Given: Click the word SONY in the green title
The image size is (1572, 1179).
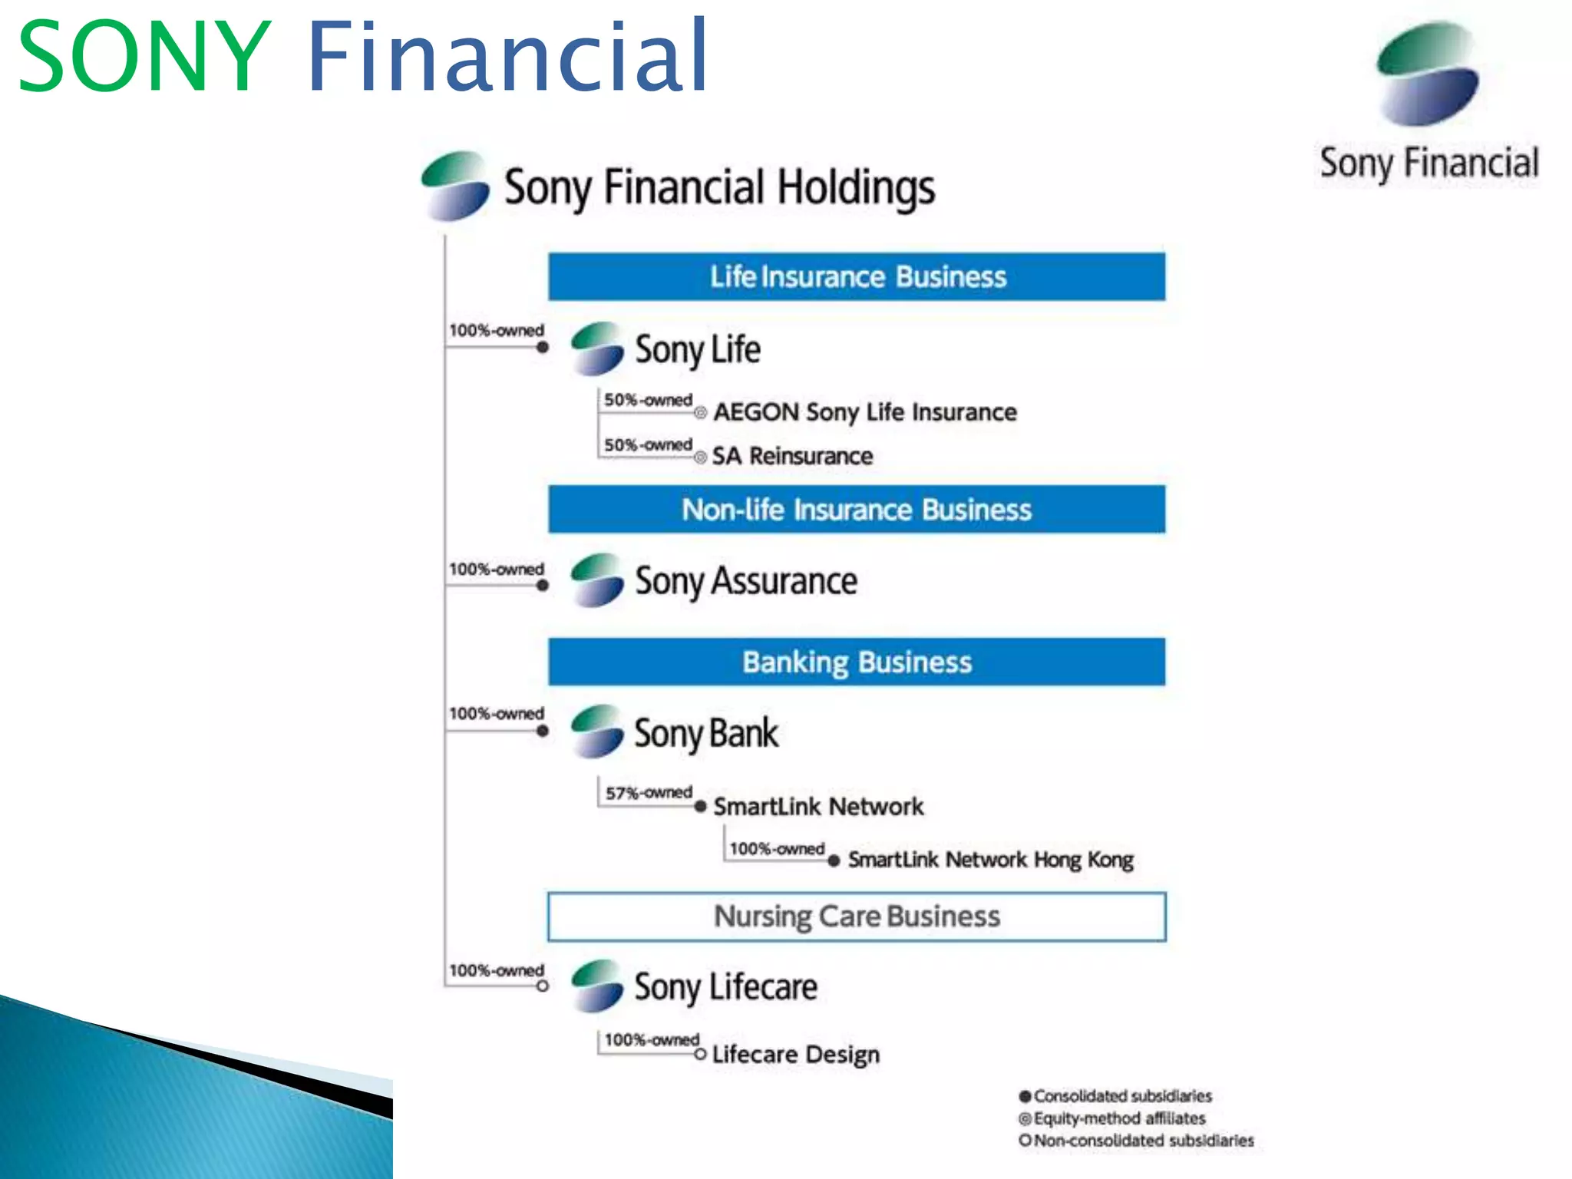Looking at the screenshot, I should [x=144, y=58].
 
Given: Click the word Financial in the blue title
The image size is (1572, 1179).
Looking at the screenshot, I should [x=507, y=57].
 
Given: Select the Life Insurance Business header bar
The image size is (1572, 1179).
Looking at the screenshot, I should [x=857, y=276].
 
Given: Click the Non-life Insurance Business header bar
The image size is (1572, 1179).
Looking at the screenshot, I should [x=857, y=510].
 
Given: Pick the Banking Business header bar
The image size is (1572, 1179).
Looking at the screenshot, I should [x=857, y=662].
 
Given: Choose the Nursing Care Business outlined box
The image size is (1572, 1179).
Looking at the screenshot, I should [x=857, y=916].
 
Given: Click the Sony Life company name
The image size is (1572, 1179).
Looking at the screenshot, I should [x=697, y=350].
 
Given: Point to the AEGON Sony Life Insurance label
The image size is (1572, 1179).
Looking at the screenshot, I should [x=865, y=412].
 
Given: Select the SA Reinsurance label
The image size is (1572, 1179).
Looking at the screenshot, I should [x=792, y=456].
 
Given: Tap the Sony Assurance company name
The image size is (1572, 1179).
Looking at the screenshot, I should [x=745, y=581].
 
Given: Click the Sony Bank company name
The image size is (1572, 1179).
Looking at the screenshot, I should [x=705, y=733].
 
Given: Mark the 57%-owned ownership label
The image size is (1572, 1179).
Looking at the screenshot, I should [x=649, y=792].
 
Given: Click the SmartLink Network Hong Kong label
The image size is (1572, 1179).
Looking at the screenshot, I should [x=990, y=860].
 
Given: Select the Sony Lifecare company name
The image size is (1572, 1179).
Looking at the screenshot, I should [x=725, y=987].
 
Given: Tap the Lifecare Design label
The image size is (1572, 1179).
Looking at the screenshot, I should [x=795, y=1055].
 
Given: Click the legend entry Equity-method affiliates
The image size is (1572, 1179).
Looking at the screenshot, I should [x=1119, y=1118].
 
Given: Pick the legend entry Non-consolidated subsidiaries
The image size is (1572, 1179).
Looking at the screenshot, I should [x=1143, y=1141].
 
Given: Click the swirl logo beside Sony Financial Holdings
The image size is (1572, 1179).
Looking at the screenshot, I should [x=455, y=186].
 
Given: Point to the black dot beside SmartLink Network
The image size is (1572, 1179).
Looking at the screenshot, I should [x=700, y=807].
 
